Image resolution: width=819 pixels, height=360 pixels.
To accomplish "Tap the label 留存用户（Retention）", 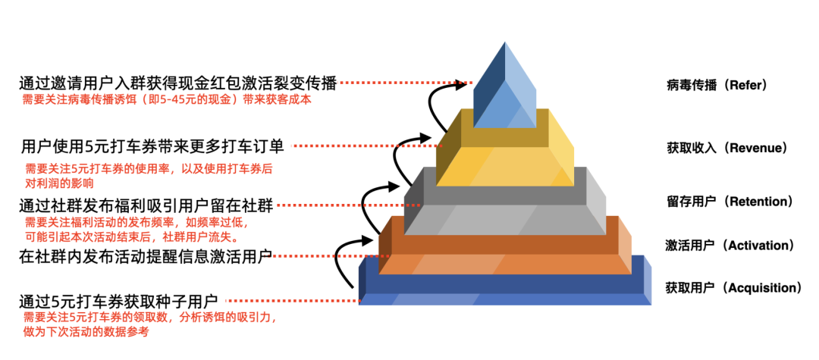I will pos(730,202).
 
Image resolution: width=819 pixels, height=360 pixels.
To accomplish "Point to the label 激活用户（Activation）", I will pos(730,246).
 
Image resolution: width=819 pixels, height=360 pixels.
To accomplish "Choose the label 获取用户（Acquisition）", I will pos(733,288).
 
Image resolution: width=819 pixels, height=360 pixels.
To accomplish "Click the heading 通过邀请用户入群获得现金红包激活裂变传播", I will pos(177,83).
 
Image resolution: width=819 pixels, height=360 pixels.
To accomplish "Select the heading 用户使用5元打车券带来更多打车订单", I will pos(152,146).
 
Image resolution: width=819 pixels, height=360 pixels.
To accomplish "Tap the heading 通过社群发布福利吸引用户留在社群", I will pos(146,205).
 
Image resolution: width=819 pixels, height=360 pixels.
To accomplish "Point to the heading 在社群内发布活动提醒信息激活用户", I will pos(146,257).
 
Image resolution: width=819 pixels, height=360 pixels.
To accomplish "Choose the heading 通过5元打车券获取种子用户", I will pos(119,302).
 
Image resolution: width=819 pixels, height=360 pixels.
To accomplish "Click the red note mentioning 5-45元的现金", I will pos(166,99).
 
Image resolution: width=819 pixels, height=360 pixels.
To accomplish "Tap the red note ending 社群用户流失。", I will pos(132,230).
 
